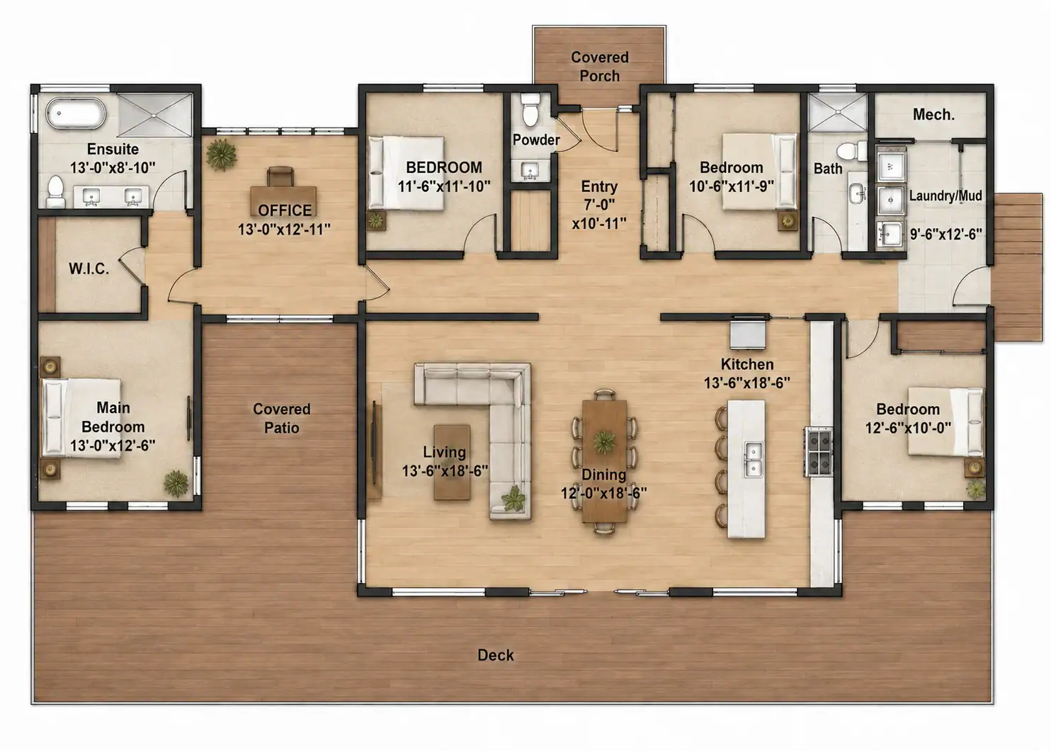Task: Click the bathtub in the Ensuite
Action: pyautogui.click(x=76, y=113)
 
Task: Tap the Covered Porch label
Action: pyautogui.click(x=599, y=66)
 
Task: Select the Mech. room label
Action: pyautogui.click(x=933, y=115)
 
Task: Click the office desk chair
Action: pyautogui.click(x=280, y=176)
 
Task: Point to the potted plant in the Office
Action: pyautogui.click(x=222, y=154)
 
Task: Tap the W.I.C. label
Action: pyautogui.click(x=89, y=269)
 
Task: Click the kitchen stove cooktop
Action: pyautogui.click(x=819, y=451)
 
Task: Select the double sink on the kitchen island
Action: pyautogui.click(x=754, y=459)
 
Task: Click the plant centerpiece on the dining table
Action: pyautogui.click(x=604, y=441)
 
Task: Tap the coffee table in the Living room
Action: pyautogui.click(x=452, y=463)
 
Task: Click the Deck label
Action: pyautogui.click(x=496, y=655)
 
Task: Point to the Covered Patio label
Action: pyautogui.click(x=282, y=418)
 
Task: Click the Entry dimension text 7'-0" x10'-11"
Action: pyautogui.click(x=599, y=214)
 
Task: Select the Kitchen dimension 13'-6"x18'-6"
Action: pyautogui.click(x=747, y=383)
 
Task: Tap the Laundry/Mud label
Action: pyautogui.click(x=945, y=196)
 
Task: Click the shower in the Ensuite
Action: pyautogui.click(x=155, y=115)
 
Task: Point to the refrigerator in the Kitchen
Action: pyautogui.click(x=747, y=334)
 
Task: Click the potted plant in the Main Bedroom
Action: pyautogui.click(x=176, y=483)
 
